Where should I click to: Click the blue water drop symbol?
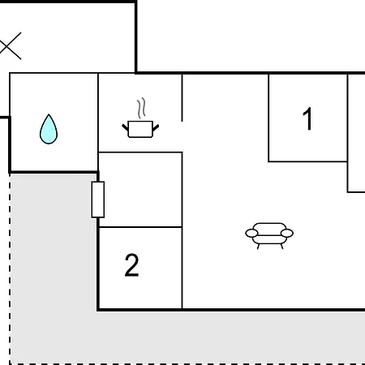[x=49, y=129]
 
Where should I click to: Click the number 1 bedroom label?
[x=307, y=118]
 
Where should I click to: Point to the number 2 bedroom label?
[x=131, y=265]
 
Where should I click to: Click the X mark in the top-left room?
[x=11, y=46]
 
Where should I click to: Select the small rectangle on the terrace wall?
[x=98, y=200]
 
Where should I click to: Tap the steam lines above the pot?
[x=141, y=108]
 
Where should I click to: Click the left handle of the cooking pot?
[x=125, y=127]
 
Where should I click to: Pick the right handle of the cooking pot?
[x=156, y=127]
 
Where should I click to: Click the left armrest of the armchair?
[x=251, y=233]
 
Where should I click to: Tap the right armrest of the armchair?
[x=287, y=233]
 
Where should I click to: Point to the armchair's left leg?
[x=258, y=247]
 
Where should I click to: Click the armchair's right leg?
[x=281, y=247]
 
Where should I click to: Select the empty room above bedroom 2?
[x=140, y=190]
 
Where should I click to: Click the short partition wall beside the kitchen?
[x=182, y=97]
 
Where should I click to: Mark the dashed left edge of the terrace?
[x=10, y=268]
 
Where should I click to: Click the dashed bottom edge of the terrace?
[x=187, y=364]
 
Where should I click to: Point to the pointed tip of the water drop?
[x=49, y=114]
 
